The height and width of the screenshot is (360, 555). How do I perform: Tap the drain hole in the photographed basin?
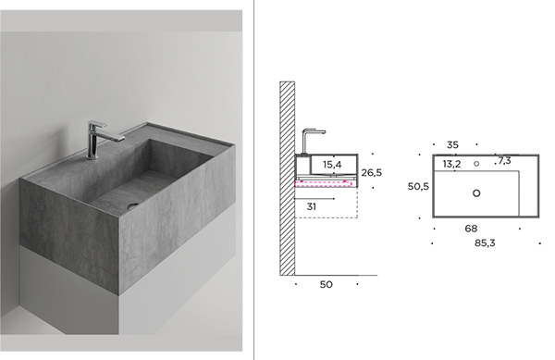[x=132, y=205]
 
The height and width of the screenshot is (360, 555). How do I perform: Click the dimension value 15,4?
[x=332, y=165]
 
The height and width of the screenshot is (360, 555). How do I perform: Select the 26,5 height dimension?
[x=371, y=173]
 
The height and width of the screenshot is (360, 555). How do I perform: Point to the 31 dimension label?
[x=312, y=206]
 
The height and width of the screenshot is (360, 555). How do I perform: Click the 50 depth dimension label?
[x=326, y=285]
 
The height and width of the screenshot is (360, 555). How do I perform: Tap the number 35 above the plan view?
[x=452, y=144]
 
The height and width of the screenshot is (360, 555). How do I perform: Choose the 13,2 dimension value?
[x=451, y=164]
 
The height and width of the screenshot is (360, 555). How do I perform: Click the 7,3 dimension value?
[x=504, y=161]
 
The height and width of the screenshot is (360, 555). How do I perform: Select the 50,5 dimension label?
[x=418, y=186]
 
